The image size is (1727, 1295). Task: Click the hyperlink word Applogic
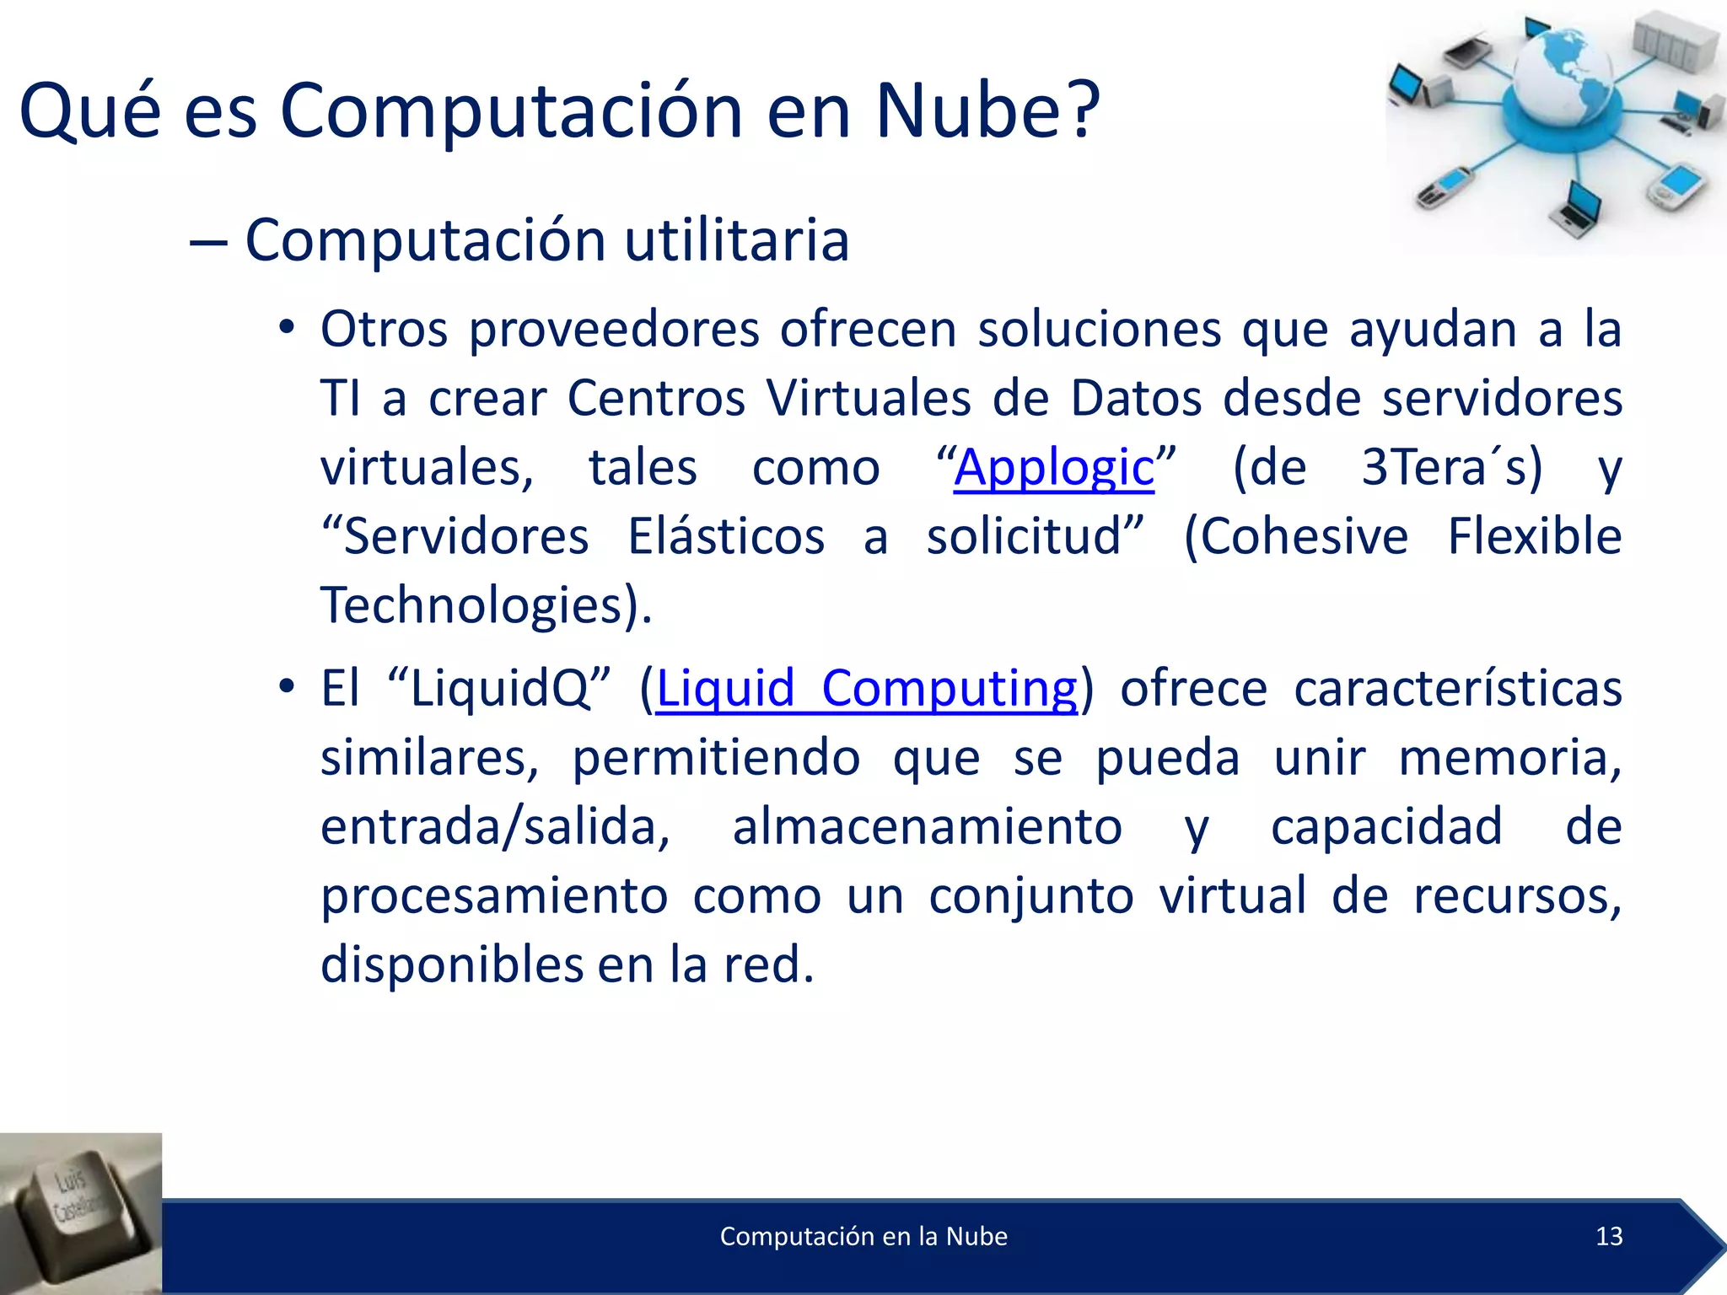pyautogui.click(x=1053, y=468)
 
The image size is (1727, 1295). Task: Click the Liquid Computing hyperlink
pyautogui.click(x=866, y=689)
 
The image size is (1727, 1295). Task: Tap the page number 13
pyautogui.click(x=1609, y=1236)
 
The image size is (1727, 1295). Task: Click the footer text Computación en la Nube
pyautogui.click(x=863, y=1236)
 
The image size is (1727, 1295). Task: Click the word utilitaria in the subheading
pyautogui.click(x=736, y=241)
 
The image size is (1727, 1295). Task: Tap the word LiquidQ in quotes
pyautogui.click(x=500, y=689)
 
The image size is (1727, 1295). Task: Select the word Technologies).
pyautogui.click(x=487, y=606)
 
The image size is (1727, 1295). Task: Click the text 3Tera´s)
pyautogui.click(x=1451, y=468)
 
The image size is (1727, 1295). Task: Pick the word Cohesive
pyautogui.click(x=1295, y=537)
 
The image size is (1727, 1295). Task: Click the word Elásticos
pyautogui.click(x=726, y=537)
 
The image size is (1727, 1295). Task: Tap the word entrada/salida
pyautogui.click(x=495, y=827)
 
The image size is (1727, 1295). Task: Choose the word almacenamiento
pyautogui.click(x=927, y=827)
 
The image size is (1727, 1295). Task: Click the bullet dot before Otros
pyautogui.click(x=287, y=330)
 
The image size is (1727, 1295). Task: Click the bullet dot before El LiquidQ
pyautogui.click(x=287, y=689)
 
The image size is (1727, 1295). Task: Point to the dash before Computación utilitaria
pyautogui.click(x=208, y=243)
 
